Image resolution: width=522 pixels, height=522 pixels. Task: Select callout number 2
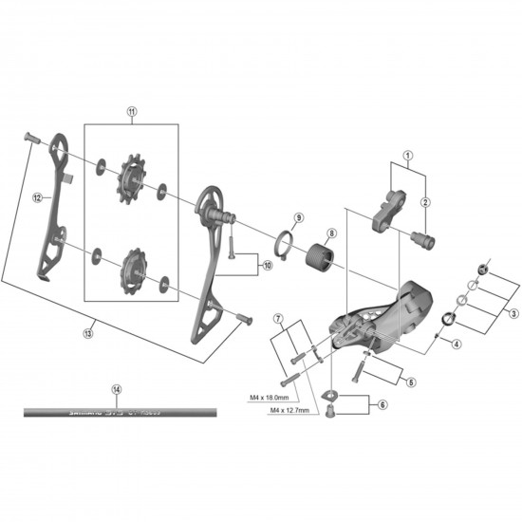click(426, 201)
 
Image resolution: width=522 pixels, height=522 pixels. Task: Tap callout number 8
click(331, 233)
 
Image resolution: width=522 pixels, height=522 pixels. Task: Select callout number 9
click(297, 217)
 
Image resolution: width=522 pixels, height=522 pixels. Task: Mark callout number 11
click(131, 111)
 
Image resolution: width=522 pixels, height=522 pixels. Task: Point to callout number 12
click(36, 198)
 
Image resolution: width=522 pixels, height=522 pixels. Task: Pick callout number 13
click(88, 332)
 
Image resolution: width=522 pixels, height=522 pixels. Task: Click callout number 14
click(117, 389)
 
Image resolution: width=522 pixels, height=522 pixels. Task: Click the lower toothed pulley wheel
click(130, 267)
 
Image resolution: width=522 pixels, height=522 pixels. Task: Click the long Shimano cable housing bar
click(120, 413)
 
